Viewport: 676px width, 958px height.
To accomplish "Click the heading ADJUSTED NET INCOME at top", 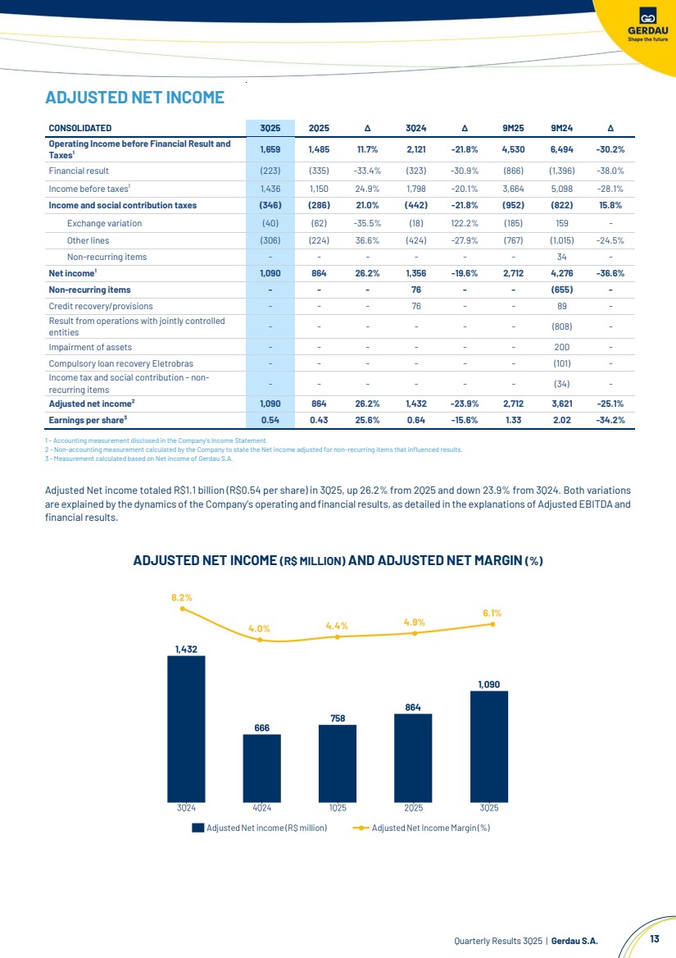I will click(x=134, y=98).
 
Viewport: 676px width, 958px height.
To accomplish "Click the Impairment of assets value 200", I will click(x=561, y=347).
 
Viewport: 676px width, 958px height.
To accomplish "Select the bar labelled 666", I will click(x=261, y=768).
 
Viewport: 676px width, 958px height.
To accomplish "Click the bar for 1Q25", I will click(x=338, y=763).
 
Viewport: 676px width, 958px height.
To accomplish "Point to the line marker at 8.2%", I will click(x=183, y=609).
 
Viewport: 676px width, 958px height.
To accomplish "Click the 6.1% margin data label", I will click(x=492, y=612).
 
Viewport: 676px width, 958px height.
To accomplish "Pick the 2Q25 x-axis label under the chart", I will click(x=413, y=808).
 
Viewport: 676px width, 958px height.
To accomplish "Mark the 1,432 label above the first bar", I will click(x=186, y=649).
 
